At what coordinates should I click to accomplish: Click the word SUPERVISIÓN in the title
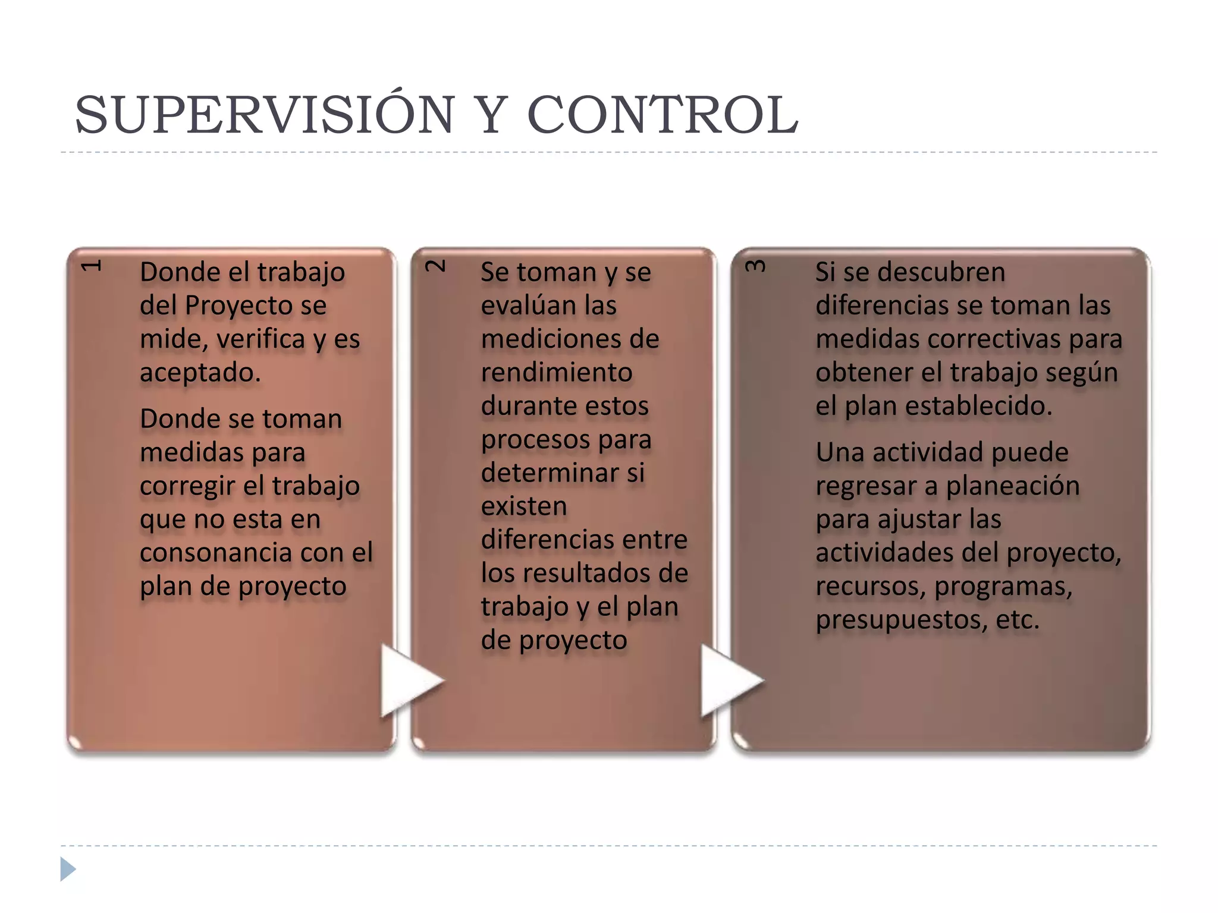click(x=265, y=115)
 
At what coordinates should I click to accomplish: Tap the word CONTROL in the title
click(x=663, y=115)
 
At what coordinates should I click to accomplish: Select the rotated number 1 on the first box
click(x=92, y=265)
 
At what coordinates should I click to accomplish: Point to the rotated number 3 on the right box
click(x=755, y=265)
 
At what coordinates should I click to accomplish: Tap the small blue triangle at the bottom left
click(x=68, y=869)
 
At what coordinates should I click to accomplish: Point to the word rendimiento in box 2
click(x=556, y=373)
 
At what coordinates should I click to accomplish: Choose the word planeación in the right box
click(x=1012, y=486)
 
